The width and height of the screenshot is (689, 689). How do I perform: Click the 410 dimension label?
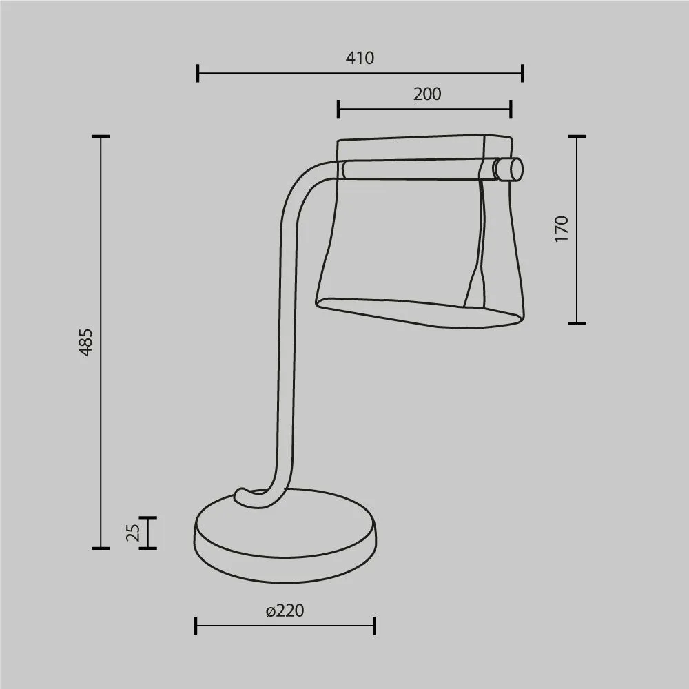360,58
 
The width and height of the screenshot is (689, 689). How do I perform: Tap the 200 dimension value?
426,94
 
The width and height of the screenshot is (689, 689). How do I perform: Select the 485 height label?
85,342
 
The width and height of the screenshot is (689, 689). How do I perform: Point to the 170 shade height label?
561,229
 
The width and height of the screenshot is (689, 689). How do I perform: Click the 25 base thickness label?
133,533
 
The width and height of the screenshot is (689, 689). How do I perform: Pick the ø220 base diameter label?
285,610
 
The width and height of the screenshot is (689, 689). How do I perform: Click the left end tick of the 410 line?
198,73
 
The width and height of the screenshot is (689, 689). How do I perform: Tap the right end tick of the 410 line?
522,73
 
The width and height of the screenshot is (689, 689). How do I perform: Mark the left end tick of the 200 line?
338,109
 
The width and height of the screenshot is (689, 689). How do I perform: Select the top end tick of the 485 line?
101,136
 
